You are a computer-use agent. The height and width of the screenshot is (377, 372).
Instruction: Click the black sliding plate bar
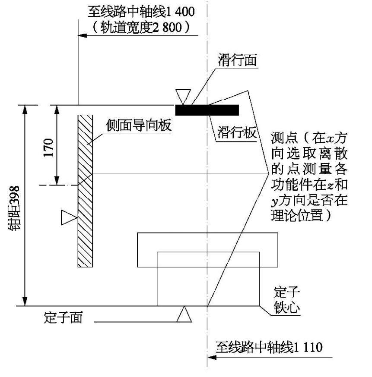tap(207, 110)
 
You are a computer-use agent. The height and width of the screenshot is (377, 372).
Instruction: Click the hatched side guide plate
tap(85, 191)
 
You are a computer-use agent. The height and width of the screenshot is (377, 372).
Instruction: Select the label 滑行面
tap(237, 60)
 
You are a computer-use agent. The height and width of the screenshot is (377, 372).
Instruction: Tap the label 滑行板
tap(236, 132)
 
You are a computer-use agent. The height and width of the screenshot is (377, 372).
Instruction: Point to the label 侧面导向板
tap(139, 125)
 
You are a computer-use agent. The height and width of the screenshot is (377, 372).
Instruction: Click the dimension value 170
tap(48, 148)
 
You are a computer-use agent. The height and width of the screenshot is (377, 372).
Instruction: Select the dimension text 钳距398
tap(14, 208)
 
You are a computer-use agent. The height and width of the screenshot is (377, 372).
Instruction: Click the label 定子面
tap(64, 317)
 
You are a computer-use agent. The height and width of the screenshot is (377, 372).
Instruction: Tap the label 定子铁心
tap(287, 300)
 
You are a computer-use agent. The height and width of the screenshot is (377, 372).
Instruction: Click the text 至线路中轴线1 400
tap(141, 12)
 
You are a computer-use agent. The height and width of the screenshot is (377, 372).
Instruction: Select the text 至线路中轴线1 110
tap(269, 347)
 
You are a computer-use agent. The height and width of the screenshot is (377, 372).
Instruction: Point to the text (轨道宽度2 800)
tap(141, 27)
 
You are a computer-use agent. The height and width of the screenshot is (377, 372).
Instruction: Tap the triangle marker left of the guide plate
tap(69, 217)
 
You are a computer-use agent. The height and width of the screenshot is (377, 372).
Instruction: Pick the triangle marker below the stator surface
tap(184, 314)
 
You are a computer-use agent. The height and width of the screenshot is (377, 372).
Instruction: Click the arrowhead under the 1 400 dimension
tap(83, 35)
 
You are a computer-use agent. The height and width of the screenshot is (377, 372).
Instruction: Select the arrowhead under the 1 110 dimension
tap(212, 357)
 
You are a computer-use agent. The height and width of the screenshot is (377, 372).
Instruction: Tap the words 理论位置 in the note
tap(297, 215)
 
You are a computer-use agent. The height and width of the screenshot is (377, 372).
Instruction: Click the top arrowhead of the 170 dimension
tap(57, 110)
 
